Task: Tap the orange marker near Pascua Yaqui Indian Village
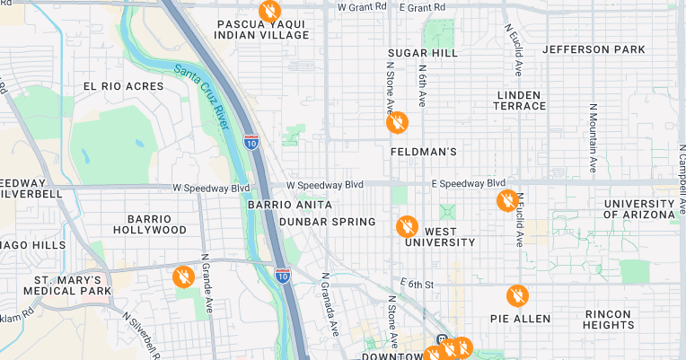coord(268,11)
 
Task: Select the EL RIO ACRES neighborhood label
coord(124,86)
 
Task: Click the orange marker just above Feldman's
coord(397,122)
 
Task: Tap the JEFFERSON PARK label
coord(594,49)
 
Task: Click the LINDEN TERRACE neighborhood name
coord(519,100)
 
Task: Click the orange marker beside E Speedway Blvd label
coord(507,199)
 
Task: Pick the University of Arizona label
coord(638,209)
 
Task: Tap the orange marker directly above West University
coord(407,225)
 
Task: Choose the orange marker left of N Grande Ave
coord(183,276)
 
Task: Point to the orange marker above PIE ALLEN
coord(516,294)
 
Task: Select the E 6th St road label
coord(418,285)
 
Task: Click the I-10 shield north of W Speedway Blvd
coord(251,142)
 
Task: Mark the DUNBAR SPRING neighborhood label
coord(327,222)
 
